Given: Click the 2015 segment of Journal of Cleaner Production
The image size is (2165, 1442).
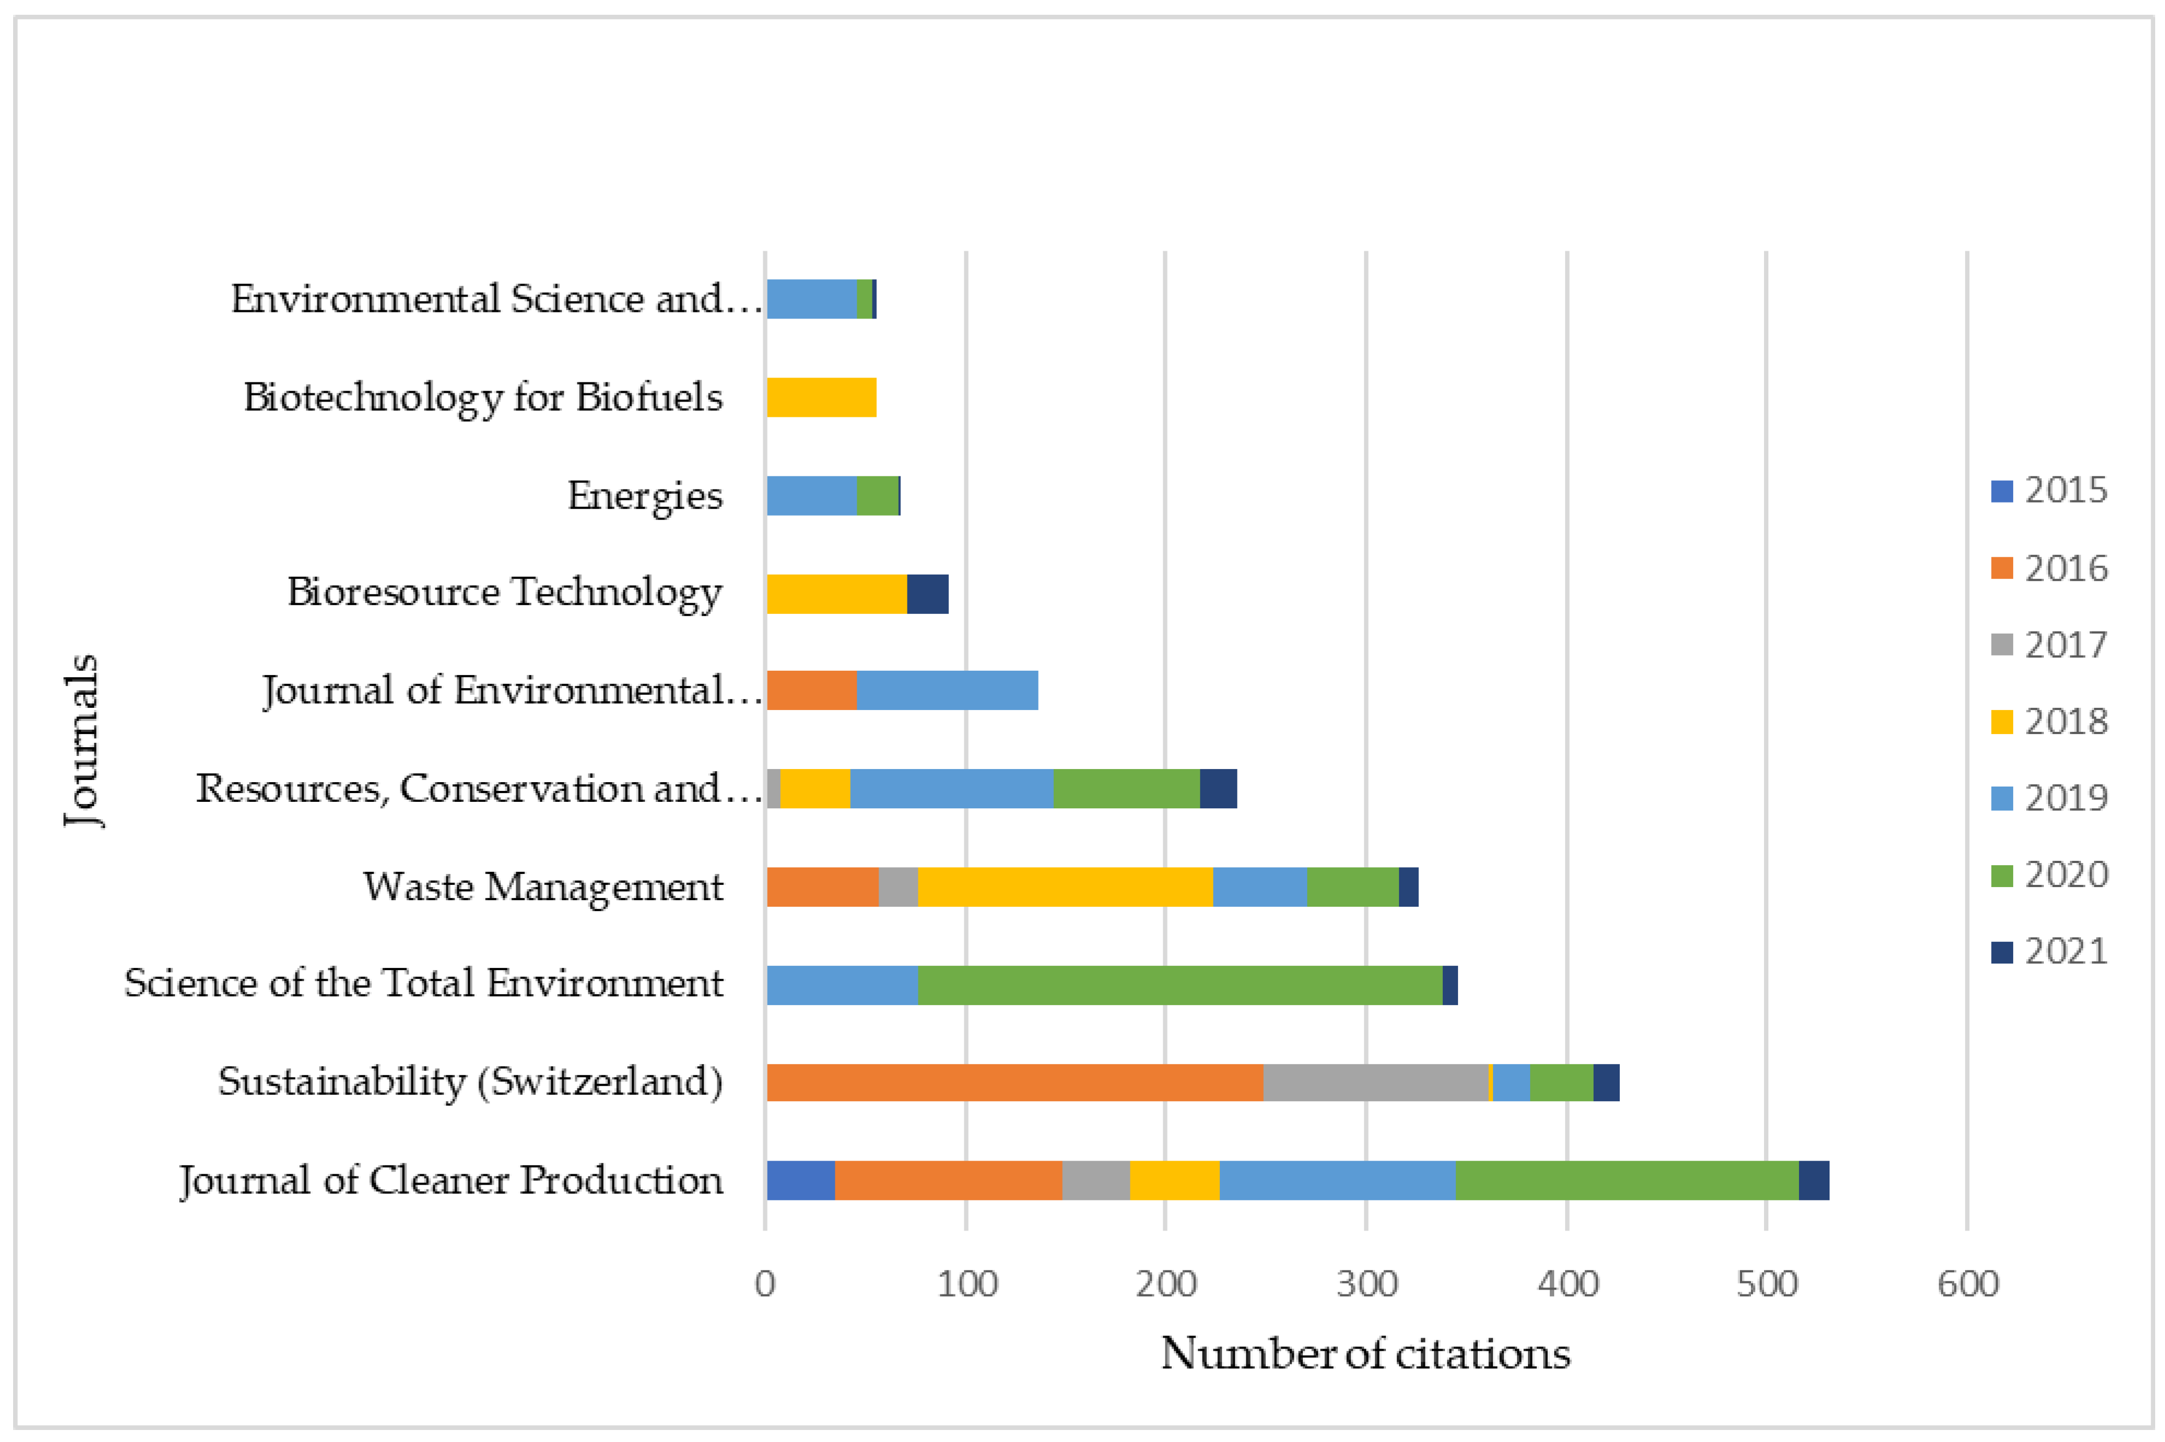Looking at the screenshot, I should [x=800, y=1180].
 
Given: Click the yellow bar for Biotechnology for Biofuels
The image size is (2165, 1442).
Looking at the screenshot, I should [x=821, y=397].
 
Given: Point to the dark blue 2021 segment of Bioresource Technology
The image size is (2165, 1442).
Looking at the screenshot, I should [x=927, y=593].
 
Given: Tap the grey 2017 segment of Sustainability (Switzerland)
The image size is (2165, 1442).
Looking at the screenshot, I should [x=1375, y=1083].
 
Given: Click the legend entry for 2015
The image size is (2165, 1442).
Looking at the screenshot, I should [x=2048, y=490].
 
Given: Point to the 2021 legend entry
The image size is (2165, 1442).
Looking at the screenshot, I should [x=2048, y=951].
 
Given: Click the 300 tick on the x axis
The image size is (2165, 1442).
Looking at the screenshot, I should [x=1366, y=1284].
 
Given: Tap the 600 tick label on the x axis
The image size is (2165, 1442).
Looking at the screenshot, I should [x=1967, y=1284].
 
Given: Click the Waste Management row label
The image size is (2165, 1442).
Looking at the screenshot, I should [x=542, y=887].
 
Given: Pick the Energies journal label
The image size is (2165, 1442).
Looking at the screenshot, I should [x=644, y=496].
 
